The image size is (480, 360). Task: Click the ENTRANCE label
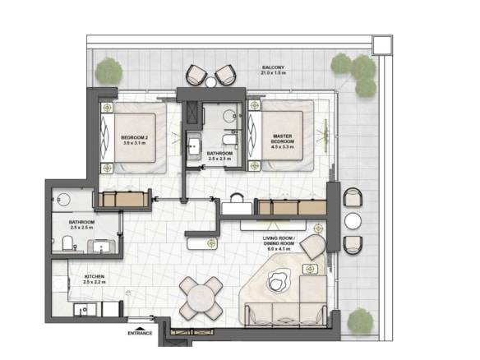(140, 333)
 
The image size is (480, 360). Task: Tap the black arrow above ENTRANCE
(140, 328)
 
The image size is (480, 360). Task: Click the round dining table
(201, 298)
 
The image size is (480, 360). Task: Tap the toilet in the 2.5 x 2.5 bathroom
(67, 243)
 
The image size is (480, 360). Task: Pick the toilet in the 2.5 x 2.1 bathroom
(230, 140)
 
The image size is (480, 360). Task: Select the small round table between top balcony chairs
(211, 82)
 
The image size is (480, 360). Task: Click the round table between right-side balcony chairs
(353, 221)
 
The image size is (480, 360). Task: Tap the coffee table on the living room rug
(279, 281)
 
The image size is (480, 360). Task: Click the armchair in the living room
(313, 247)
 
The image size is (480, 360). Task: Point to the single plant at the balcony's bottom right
(361, 321)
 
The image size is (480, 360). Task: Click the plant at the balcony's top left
(108, 72)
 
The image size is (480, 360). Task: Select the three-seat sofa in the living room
(285, 315)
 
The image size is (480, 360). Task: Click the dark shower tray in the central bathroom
(193, 113)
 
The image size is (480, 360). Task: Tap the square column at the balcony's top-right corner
(382, 45)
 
